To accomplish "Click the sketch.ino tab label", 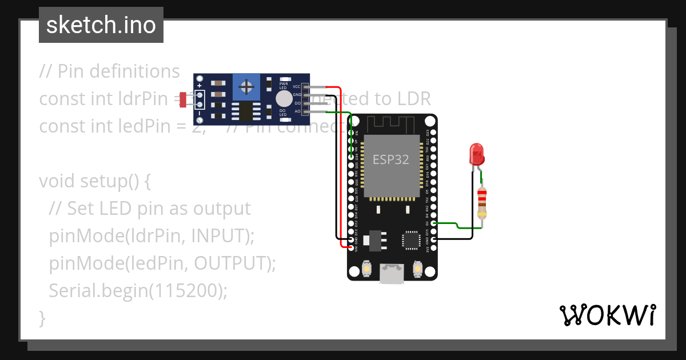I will pyautogui.click(x=101, y=25).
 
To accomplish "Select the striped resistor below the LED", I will pyautogui.click(x=482, y=203).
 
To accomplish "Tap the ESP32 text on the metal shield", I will pyautogui.click(x=391, y=159).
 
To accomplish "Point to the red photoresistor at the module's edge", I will pyautogui.click(x=184, y=99).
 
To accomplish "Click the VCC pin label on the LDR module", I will pyautogui.click(x=297, y=86).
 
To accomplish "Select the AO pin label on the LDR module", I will pyautogui.click(x=297, y=111).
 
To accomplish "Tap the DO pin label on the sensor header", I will pyautogui.click(x=297, y=103).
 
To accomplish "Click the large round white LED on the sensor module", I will pyautogui.click(x=284, y=99).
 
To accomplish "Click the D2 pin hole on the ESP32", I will pyautogui.click(x=433, y=223).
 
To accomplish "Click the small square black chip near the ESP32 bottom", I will pyautogui.click(x=410, y=240).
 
